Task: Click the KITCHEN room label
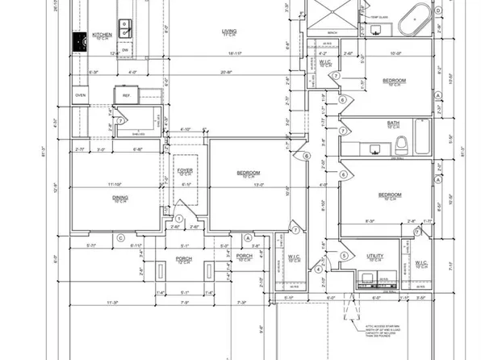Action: pos(102,35)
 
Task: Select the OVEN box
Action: pos(80,95)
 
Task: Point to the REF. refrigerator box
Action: pos(127,95)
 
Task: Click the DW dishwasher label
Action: pos(126,50)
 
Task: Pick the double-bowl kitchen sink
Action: pos(126,29)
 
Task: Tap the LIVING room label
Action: pos(230,32)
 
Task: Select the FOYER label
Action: pos(185,170)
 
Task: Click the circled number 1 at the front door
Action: pos(178,218)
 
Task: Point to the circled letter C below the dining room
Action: pos(119,238)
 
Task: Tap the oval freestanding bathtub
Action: pos(418,17)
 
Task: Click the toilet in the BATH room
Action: pos(400,144)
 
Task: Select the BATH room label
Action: pos(394,123)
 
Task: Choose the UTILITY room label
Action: pos(375,257)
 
